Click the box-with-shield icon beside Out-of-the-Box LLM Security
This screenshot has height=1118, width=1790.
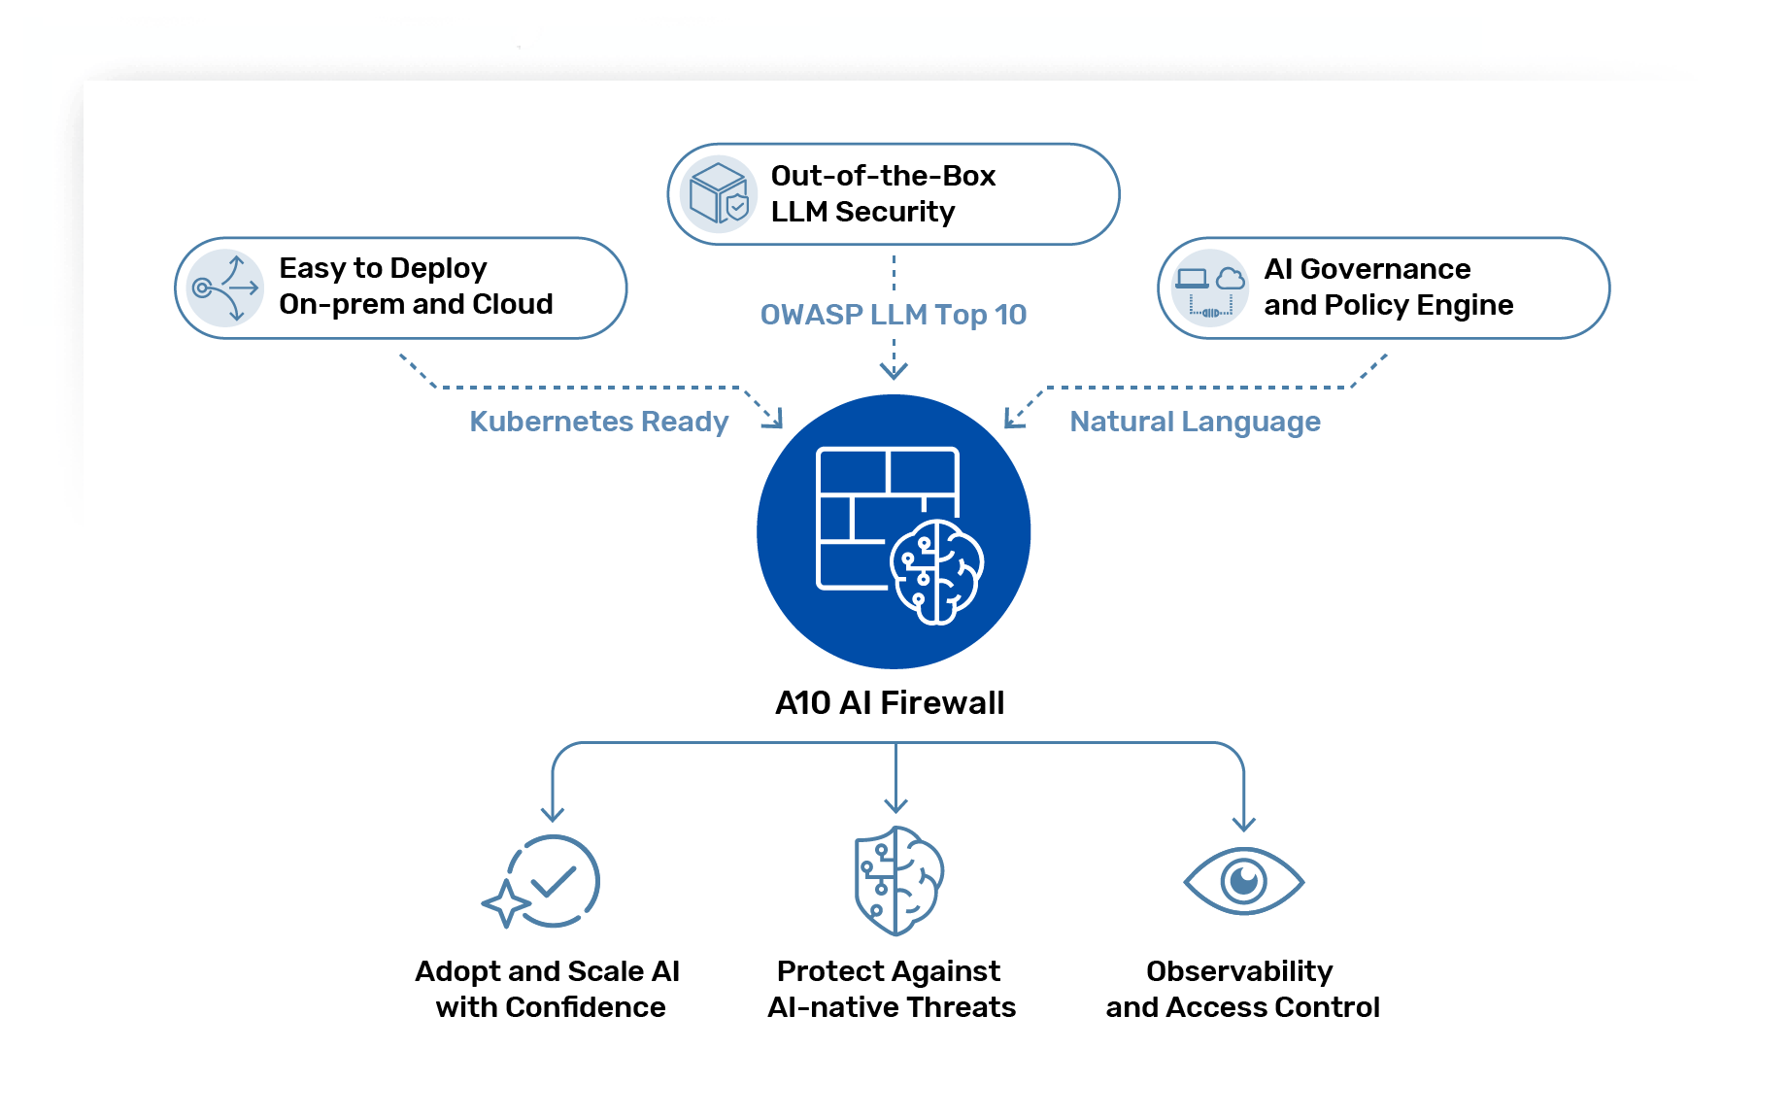click(x=719, y=193)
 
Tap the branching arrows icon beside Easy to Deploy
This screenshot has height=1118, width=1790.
click(x=226, y=288)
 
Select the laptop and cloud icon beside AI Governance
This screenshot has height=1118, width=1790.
click(x=1209, y=288)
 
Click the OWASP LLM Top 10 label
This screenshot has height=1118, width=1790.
click(x=893, y=315)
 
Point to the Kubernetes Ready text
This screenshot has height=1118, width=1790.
click(x=598, y=422)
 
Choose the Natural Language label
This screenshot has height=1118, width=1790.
click(x=1195, y=422)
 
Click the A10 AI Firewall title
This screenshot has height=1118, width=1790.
click(x=890, y=702)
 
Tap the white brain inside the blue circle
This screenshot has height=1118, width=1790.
click(x=937, y=572)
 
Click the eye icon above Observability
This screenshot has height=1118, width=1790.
click(x=1243, y=881)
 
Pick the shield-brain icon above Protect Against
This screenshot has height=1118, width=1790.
click(x=897, y=881)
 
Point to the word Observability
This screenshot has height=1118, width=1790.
click(x=1239, y=971)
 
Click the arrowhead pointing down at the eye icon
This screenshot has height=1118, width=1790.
click(x=1243, y=824)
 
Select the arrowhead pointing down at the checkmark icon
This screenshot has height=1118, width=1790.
click(x=553, y=813)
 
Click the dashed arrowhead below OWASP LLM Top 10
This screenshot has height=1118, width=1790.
click(x=894, y=371)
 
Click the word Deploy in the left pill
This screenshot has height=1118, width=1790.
click(x=438, y=269)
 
